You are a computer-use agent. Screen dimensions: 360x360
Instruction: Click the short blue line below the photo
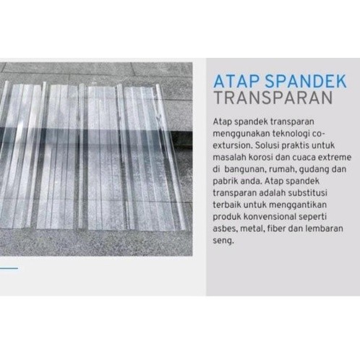(x=9, y=268)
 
